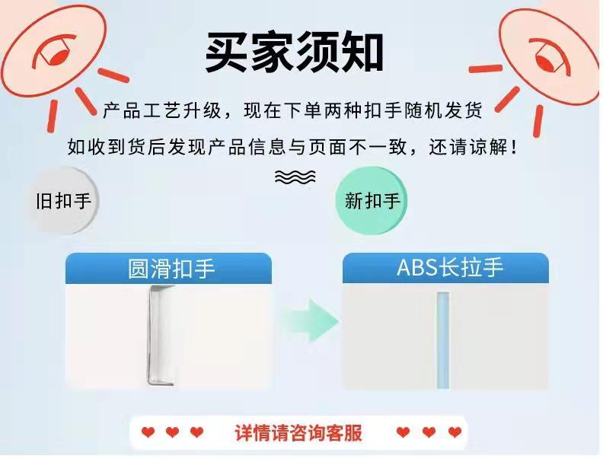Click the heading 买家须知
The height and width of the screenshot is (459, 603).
point(294,52)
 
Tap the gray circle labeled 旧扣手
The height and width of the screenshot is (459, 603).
point(63,201)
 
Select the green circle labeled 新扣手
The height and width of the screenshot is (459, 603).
point(371,201)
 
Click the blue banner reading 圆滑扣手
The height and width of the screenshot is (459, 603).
point(168,269)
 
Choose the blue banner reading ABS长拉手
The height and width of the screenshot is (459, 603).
point(445,268)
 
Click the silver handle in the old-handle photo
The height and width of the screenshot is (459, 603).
point(157,335)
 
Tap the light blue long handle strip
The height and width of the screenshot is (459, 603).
point(443,340)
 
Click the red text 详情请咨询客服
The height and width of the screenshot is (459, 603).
point(298,433)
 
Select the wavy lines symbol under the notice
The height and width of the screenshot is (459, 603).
point(295,177)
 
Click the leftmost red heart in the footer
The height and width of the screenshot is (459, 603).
point(148,432)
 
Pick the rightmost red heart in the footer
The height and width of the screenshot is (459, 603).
point(455,432)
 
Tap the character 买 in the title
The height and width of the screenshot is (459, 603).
point(227,52)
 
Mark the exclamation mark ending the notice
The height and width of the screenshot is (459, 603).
point(515,147)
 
